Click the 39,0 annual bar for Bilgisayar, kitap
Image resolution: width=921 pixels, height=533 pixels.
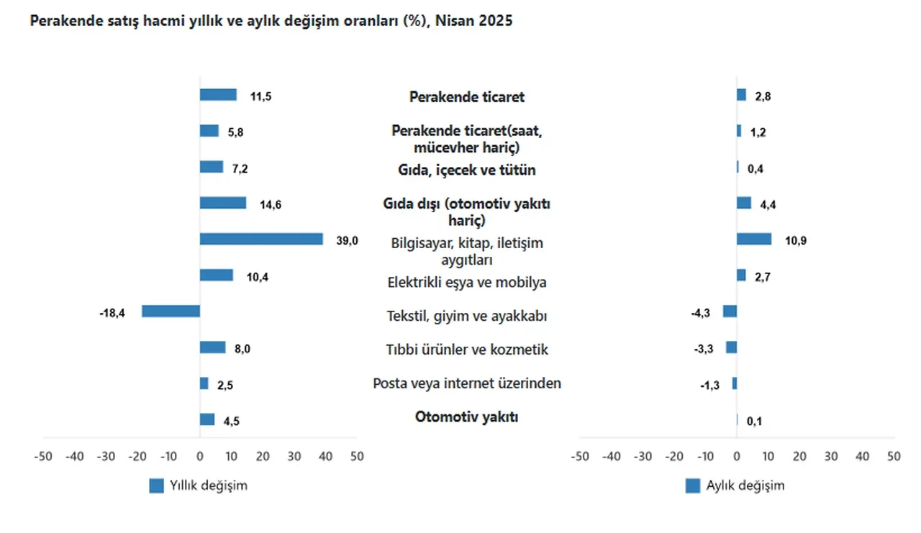pos(260,239)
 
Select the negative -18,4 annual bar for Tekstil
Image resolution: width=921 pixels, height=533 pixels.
pos(171,311)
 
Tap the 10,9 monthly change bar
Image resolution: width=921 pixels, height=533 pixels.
pos(753,239)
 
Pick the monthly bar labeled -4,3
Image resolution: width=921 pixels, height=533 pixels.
pos(730,311)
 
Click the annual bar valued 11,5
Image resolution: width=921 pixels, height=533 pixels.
pos(218,95)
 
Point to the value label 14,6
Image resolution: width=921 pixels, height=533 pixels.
pos(270,205)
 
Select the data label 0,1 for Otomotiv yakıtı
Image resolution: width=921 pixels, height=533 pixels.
pos(754,422)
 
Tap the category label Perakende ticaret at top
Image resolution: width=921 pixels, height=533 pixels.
pos(466,96)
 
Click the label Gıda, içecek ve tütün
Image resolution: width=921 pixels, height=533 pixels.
pos(466,170)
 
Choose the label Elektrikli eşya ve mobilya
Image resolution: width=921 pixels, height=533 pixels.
pos(466,282)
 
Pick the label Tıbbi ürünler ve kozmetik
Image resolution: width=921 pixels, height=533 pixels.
pos(466,350)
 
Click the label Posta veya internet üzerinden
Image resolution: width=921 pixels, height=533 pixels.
pos(466,383)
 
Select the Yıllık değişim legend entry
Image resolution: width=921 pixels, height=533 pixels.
pos(199,486)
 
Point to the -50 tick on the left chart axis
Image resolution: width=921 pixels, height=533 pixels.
pos(43,456)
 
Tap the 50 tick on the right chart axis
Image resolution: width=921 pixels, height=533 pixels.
pos(894,456)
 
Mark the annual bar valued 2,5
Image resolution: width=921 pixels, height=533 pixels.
pos(204,383)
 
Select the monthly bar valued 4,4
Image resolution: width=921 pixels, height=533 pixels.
pos(743,203)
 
